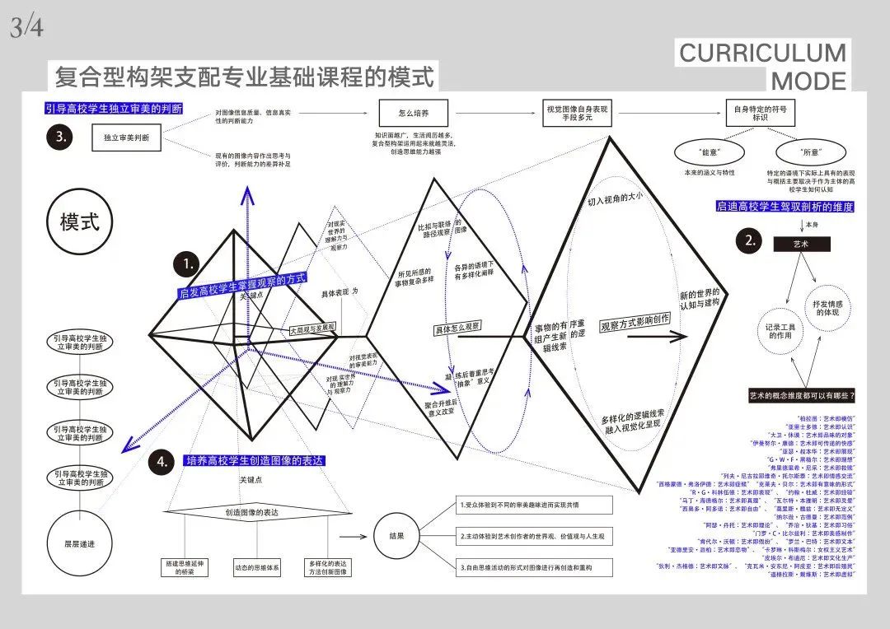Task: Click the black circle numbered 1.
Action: [189, 265]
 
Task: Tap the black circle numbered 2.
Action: [750, 240]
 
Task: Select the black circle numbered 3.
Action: [61, 138]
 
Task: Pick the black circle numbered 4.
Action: [161, 462]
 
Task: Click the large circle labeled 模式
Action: [80, 222]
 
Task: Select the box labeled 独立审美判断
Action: [127, 138]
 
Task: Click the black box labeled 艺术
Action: [801, 245]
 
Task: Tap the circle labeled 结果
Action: [396, 536]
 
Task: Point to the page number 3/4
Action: [26, 28]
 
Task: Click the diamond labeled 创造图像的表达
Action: [252, 512]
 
